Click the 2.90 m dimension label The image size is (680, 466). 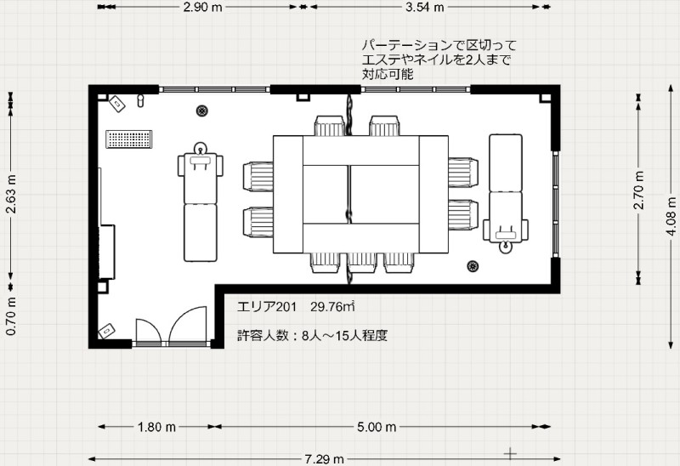point(202,8)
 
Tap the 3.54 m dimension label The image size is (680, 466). point(424,8)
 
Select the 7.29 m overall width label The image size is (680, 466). point(324,458)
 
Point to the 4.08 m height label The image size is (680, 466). point(671,216)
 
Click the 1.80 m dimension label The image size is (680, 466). point(156,428)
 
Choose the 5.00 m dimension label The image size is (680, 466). point(377,428)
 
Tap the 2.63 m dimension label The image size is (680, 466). point(11,194)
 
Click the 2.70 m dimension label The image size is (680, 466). point(639,190)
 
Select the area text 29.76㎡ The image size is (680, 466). point(332,307)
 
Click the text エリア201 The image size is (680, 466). point(267,307)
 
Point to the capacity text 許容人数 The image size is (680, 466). point(263,335)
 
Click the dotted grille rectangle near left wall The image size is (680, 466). point(129,139)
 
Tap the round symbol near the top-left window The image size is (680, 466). point(201,111)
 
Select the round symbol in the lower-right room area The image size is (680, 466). point(473,266)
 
